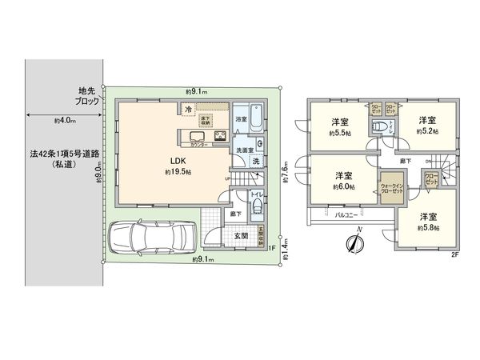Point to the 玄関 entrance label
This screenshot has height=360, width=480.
click(x=240, y=236)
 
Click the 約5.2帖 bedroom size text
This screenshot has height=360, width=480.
click(x=428, y=132)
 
